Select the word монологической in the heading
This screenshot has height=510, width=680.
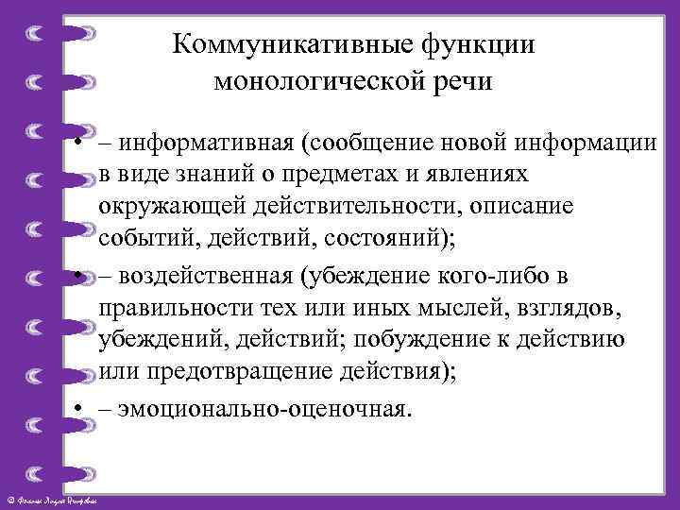(x=317, y=83)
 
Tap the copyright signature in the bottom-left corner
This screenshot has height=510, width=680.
(x=57, y=499)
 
